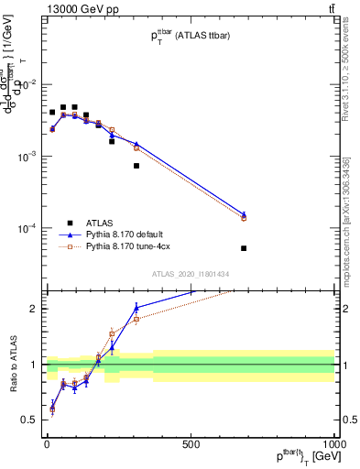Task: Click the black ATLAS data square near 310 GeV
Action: pyautogui.click(x=136, y=166)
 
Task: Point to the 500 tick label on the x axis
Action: pyautogui.click(x=191, y=444)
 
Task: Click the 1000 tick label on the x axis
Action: pyautogui.click(x=333, y=444)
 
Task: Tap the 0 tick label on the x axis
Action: pyautogui.click(x=47, y=444)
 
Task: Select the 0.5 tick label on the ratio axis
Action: pyautogui.click(x=28, y=420)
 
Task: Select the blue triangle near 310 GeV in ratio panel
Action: pyautogui.click(x=136, y=307)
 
